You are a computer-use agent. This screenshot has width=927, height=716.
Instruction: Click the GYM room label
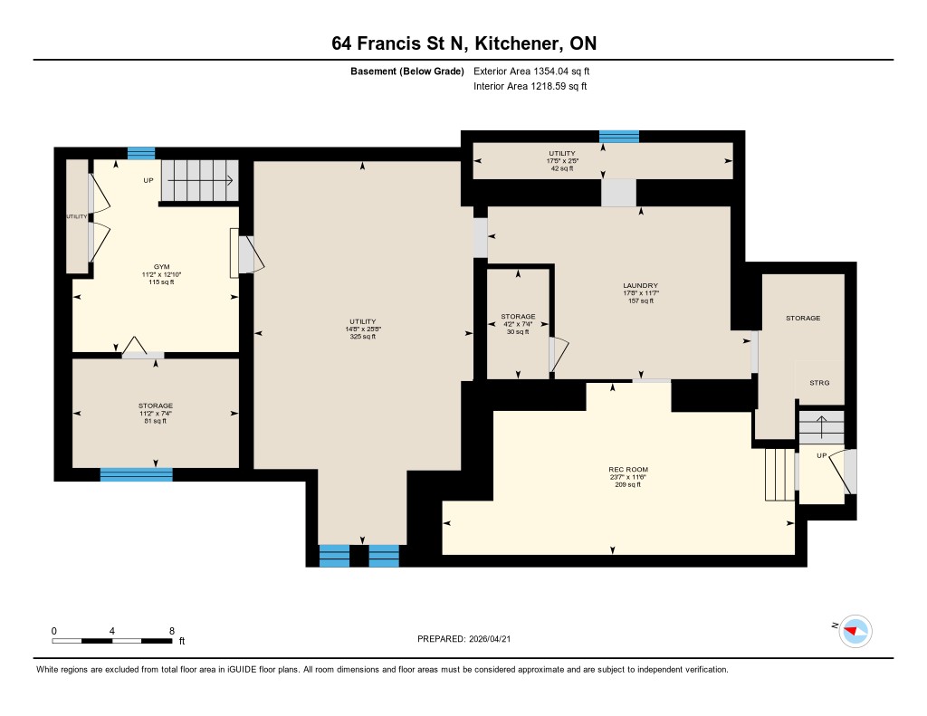[161, 267]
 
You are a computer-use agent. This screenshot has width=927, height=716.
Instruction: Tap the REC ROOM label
[628, 470]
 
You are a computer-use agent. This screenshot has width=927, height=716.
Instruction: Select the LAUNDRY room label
[640, 285]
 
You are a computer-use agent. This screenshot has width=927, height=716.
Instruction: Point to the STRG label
[819, 383]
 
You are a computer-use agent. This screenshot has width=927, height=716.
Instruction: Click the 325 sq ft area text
[362, 337]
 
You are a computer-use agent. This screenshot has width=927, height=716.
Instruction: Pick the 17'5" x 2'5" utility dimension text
[562, 161]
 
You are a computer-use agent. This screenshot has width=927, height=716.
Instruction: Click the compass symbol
[855, 631]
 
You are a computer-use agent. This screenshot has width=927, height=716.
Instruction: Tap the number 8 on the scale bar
[172, 631]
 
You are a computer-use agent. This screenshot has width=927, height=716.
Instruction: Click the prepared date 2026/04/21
[490, 638]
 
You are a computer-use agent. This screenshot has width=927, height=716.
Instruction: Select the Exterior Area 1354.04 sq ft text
[531, 71]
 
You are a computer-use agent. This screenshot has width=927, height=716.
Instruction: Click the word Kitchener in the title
[518, 43]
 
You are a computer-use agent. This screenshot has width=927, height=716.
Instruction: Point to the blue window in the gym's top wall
[141, 153]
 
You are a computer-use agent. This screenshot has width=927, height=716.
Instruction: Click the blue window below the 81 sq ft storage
[136, 474]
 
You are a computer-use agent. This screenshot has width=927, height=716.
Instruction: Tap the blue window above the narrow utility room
[619, 137]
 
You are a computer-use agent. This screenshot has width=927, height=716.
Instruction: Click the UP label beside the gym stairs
[148, 180]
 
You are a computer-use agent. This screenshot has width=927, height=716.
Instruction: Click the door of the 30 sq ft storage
[558, 355]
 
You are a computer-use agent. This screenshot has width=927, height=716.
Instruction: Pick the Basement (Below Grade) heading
[406, 71]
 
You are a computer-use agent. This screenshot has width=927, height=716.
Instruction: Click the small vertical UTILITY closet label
[76, 216]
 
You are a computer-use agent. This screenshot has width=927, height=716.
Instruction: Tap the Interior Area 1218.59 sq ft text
[530, 86]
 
